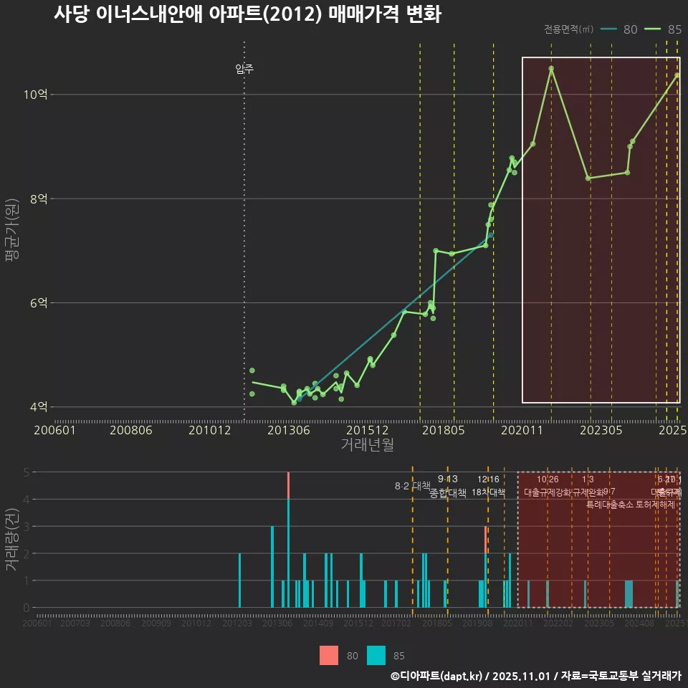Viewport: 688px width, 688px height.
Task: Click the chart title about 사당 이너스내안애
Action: pyautogui.click(x=247, y=14)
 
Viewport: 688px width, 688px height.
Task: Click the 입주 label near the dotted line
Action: pyautogui.click(x=244, y=70)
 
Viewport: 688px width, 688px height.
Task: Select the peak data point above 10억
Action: pyautogui.click(x=551, y=69)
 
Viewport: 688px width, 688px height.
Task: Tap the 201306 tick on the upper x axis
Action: pyautogui.click(x=289, y=430)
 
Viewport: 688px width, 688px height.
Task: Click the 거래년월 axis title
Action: pyautogui.click(x=367, y=445)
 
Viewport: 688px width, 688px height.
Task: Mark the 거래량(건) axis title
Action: pyautogui.click(x=12, y=540)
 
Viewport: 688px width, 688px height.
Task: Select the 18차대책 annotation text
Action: pyautogui.click(x=489, y=492)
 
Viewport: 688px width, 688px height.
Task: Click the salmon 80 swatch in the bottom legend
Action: pyautogui.click(x=329, y=655)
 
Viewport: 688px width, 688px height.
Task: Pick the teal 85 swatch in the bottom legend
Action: pyautogui.click(x=376, y=655)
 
